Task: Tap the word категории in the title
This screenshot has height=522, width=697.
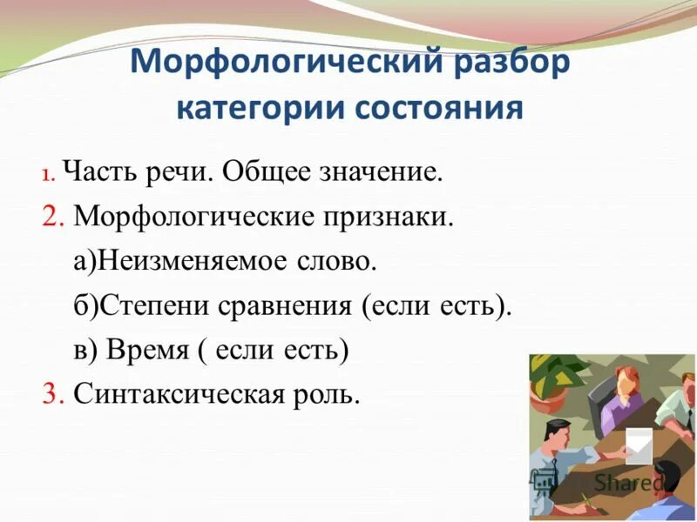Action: coord(258,110)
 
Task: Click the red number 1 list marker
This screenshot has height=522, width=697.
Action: coord(47,174)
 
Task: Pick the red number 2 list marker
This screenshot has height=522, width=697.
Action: coord(52,217)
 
